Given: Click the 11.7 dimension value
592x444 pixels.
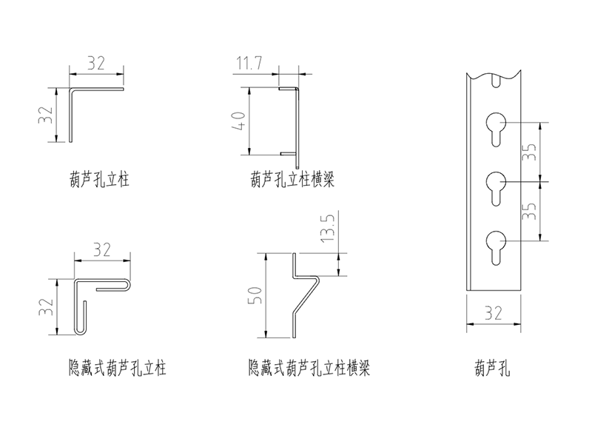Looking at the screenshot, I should [x=249, y=65].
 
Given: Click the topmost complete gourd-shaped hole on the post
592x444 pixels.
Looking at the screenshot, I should [x=497, y=126].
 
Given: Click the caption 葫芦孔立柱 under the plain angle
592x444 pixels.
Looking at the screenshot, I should [x=96, y=178].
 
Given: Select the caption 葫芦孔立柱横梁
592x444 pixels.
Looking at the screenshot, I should [x=292, y=178].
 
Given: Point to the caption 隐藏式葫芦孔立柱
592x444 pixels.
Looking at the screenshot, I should [x=117, y=366].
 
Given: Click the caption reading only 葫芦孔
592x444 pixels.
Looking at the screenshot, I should [x=494, y=366].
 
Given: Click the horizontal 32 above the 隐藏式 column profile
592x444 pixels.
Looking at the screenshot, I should [x=101, y=249].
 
